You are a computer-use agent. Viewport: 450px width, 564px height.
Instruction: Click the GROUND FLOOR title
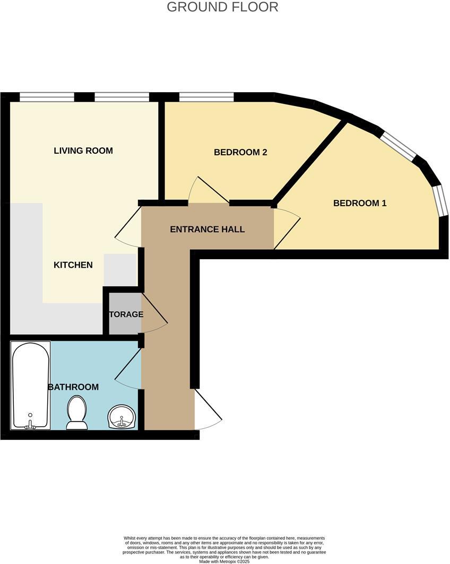click(x=222, y=7)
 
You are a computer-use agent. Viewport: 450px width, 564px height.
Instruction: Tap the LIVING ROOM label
click(x=83, y=151)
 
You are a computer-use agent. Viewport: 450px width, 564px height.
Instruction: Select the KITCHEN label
click(x=73, y=265)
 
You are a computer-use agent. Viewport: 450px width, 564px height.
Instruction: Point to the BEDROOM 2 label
click(x=240, y=152)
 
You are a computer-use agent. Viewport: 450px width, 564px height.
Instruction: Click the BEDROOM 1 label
click(x=360, y=203)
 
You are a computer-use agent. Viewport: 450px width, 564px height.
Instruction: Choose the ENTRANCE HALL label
click(x=207, y=230)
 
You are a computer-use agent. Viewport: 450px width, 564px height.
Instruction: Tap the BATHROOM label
click(x=73, y=387)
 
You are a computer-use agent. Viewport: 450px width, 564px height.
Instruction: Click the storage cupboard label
click(x=126, y=314)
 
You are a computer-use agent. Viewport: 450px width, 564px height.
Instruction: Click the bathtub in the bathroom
click(x=31, y=385)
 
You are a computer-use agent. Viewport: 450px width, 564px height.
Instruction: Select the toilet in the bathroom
click(x=77, y=413)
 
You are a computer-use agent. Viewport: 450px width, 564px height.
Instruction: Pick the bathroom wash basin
click(x=122, y=417)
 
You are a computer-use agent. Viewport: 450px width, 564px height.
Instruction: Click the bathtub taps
click(x=31, y=423)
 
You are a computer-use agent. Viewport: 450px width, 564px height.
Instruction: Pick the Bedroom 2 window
click(x=206, y=96)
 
